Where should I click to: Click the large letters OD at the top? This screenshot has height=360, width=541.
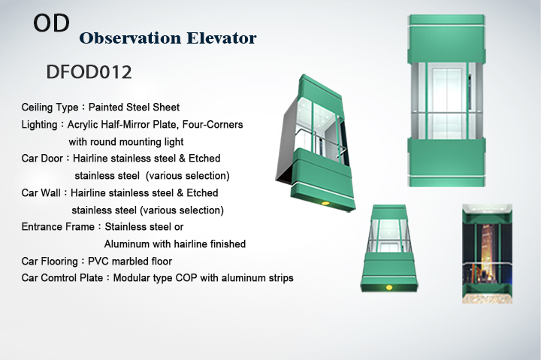tap(51, 23)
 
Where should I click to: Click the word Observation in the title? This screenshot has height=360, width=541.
tap(130, 38)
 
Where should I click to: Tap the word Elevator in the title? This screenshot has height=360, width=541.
tap(222, 38)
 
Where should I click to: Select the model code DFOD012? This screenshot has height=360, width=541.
tap(89, 72)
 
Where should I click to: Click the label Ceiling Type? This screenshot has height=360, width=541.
tap(50, 107)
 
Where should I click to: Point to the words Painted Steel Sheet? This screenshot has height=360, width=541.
tap(134, 107)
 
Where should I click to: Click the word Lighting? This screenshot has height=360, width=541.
tap(39, 125)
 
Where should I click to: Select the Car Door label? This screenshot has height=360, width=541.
tap(42, 158)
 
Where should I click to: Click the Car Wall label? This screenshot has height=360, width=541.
tap(41, 192)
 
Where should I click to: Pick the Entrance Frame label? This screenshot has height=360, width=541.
tap(58, 227)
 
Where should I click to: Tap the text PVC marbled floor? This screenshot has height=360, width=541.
tap(130, 262)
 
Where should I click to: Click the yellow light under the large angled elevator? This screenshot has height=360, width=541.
tap(325, 203)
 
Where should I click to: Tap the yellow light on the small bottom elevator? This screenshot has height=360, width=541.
tap(389, 287)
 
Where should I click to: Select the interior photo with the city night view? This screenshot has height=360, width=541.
tap(487, 254)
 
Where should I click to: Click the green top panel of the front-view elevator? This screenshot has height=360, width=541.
tap(446, 39)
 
